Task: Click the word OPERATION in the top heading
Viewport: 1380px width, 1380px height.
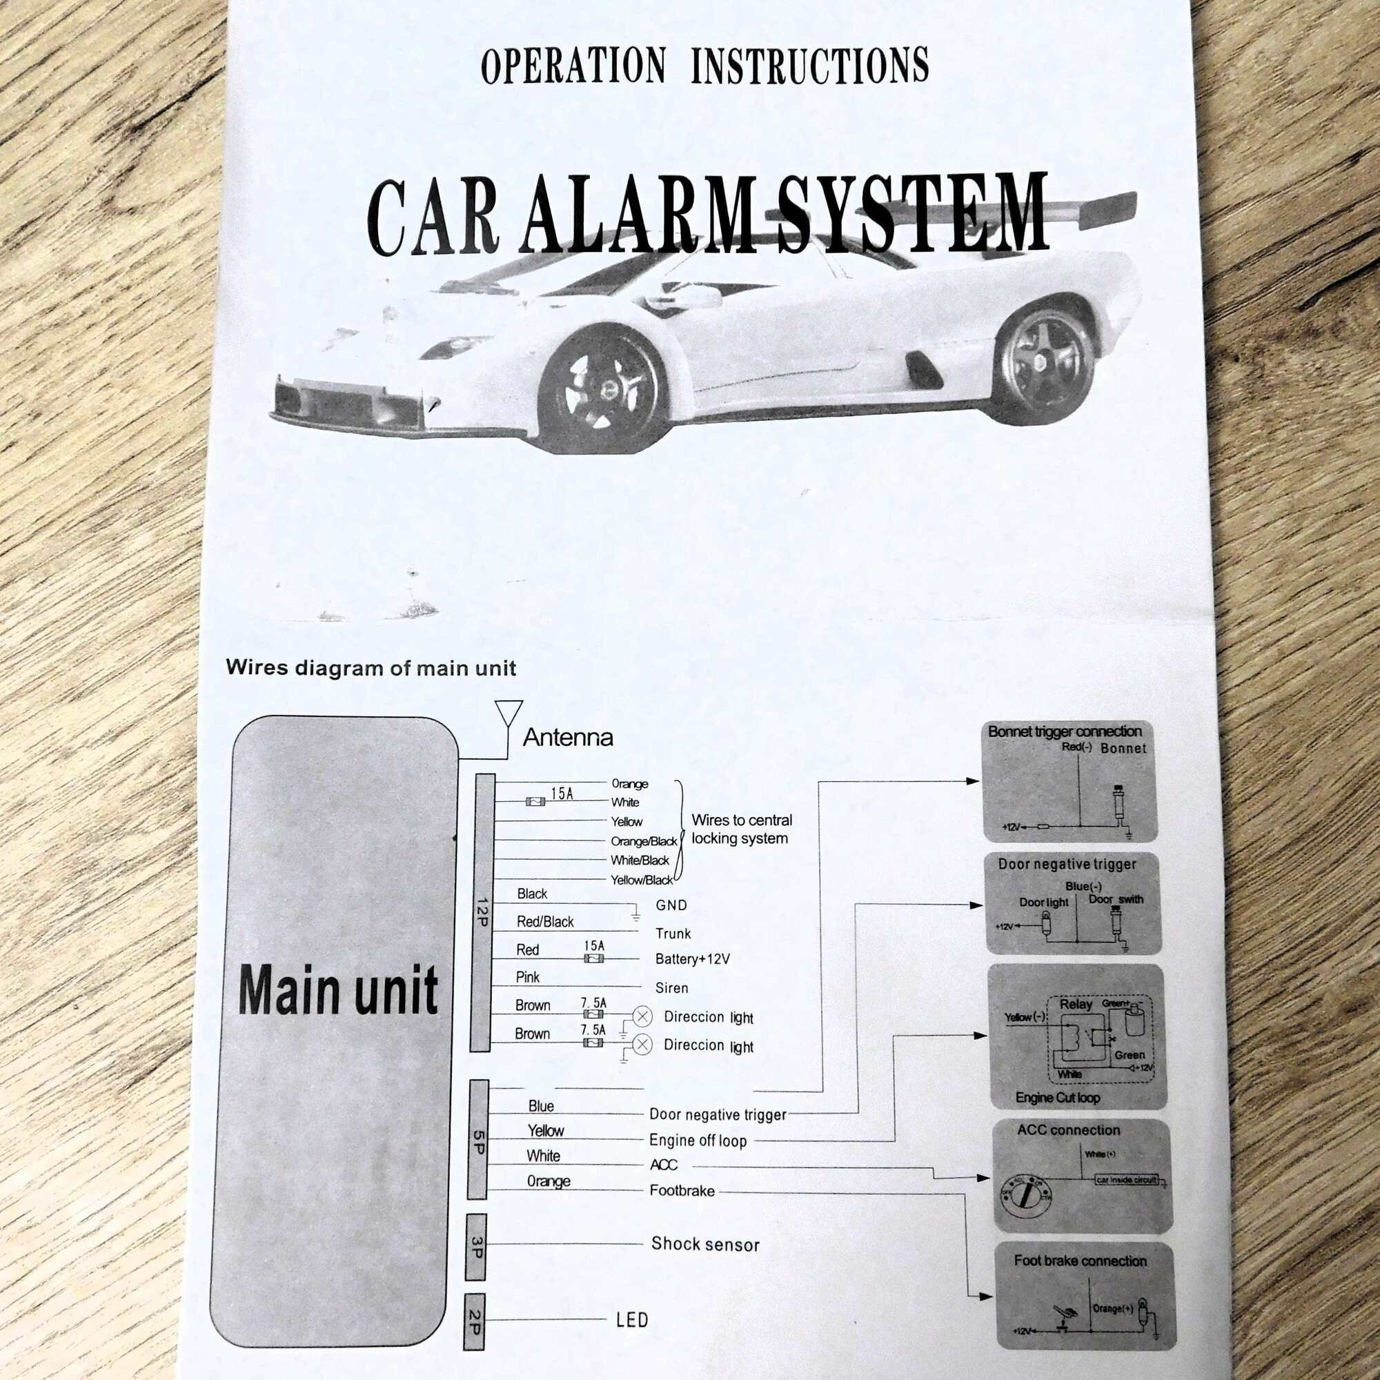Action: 573,66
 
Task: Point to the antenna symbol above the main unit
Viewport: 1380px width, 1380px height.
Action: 509,715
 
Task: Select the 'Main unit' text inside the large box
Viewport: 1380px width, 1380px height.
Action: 337,990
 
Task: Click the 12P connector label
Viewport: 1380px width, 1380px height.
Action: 481,913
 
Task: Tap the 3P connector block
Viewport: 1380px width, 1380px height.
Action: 476,1247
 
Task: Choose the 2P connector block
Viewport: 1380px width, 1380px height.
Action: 475,1321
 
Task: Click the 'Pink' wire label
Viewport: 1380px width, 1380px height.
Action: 528,977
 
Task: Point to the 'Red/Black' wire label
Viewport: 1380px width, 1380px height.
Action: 545,922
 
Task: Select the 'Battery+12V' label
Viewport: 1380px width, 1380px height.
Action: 692,959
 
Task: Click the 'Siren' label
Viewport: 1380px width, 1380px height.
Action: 671,989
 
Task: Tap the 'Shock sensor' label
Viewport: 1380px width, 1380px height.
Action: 705,1244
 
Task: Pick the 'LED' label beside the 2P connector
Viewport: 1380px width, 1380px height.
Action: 632,1320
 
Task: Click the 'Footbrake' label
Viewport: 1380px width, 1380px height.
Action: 682,1191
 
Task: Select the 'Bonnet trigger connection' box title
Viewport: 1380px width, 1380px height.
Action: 1064,731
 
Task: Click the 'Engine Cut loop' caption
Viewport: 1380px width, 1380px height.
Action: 1057,1098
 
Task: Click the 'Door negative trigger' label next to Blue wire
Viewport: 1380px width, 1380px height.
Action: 717,1115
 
